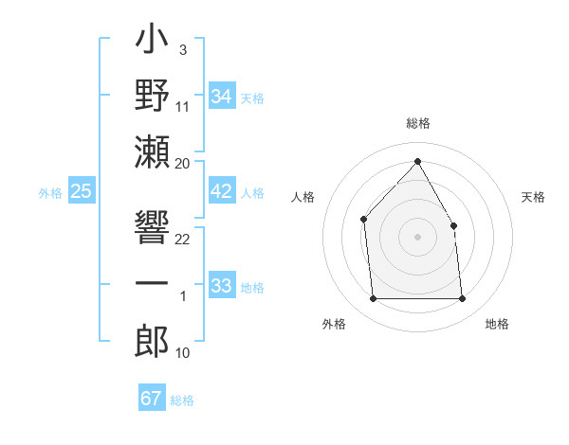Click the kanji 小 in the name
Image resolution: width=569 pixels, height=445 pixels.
152,44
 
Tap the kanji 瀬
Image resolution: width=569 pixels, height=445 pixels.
152,153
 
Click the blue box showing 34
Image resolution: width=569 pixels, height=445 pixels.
222,97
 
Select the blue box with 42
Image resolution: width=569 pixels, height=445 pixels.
222,191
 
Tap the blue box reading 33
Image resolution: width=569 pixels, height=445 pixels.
222,286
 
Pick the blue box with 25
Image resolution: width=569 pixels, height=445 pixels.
82,191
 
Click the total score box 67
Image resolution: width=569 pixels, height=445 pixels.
152,399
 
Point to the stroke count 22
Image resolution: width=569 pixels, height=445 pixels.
183,239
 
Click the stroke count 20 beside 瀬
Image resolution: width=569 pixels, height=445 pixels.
183,163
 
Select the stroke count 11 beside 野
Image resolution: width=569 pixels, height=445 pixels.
183,106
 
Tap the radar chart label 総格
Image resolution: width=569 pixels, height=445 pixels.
417,123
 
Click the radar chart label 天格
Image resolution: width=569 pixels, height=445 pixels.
533,197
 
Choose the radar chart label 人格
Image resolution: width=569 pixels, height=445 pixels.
303,197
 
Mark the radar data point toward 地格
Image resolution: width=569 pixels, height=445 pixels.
462,299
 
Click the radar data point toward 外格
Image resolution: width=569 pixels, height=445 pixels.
373,299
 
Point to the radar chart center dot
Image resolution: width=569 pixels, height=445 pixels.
417,237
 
